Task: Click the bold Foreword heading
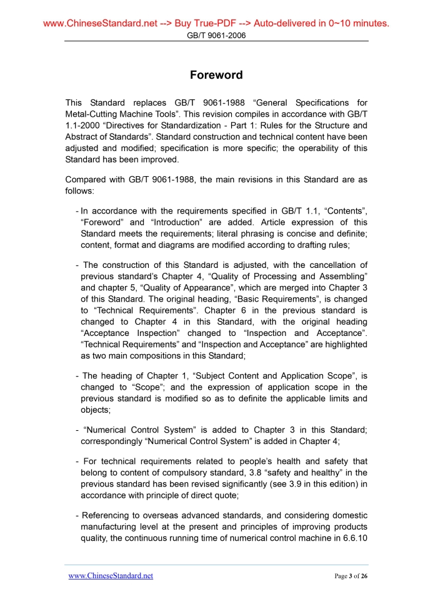tap(216, 75)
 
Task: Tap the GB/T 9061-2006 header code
tap(216, 36)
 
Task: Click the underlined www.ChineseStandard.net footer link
tap(111, 576)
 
